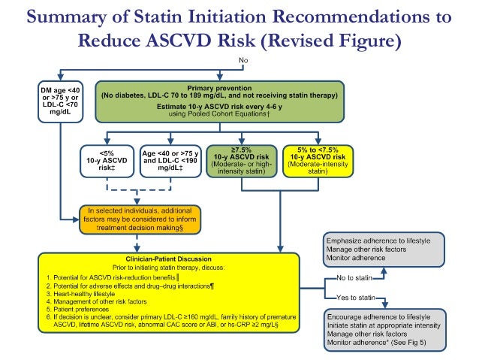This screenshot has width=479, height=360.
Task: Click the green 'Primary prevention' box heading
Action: [219, 88]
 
